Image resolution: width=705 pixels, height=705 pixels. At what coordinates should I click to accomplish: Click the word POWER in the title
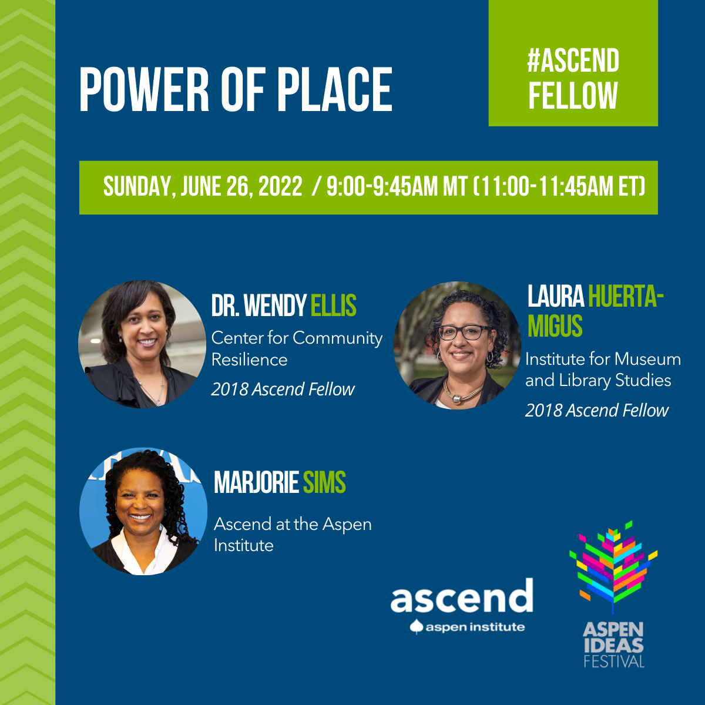click(144, 90)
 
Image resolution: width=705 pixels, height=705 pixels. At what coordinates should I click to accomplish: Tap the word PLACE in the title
click(334, 90)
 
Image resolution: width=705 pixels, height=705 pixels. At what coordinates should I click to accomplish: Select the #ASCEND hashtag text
click(573, 61)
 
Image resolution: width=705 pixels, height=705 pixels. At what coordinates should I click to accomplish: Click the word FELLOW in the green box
click(573, 95)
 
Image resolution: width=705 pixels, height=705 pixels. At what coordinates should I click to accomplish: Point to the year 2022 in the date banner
click(280, 186)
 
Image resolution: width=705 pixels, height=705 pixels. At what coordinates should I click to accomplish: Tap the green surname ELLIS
click(333, 305)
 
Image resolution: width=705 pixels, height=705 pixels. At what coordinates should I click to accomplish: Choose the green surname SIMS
click(324, 482)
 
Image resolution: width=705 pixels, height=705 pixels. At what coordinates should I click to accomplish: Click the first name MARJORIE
click(257, 482)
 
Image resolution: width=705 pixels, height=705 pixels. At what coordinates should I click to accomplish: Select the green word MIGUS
click(555, 325)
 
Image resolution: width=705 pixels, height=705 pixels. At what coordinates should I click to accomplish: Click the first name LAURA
click(555, 296)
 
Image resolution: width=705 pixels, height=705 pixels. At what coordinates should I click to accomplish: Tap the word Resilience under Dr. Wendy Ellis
click(249, 360)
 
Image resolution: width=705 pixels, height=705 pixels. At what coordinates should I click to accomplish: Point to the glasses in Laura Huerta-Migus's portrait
click(465, 332)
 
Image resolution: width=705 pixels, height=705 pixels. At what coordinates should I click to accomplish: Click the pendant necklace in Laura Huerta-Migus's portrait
click(457, 398)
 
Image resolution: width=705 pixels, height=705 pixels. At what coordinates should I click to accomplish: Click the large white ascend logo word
click(462, 596)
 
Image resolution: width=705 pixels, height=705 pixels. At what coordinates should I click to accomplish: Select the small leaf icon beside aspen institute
click(416, 627)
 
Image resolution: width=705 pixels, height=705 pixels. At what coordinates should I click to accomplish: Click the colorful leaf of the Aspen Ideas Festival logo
click(613, 567)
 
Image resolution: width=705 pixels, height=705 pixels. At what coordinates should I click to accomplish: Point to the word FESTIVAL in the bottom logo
click(614, 662)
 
